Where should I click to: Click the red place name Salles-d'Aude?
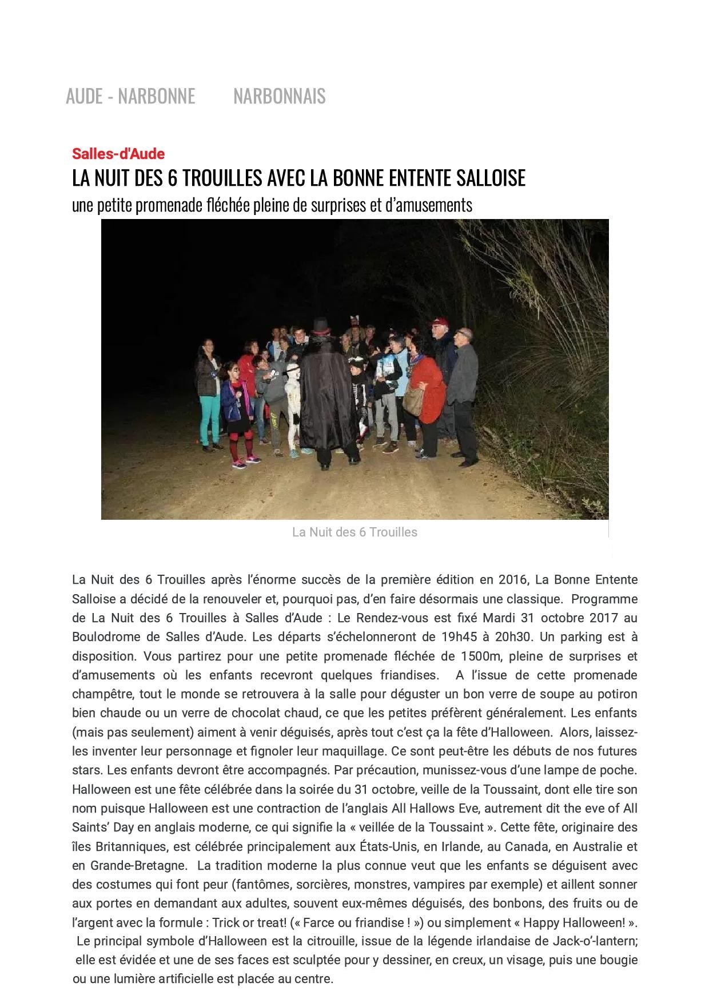coord(118,154)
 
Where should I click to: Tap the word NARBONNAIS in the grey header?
coord(280,96)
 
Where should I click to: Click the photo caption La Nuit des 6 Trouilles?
coord(354,532)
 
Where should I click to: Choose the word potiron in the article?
coord(616,694)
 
